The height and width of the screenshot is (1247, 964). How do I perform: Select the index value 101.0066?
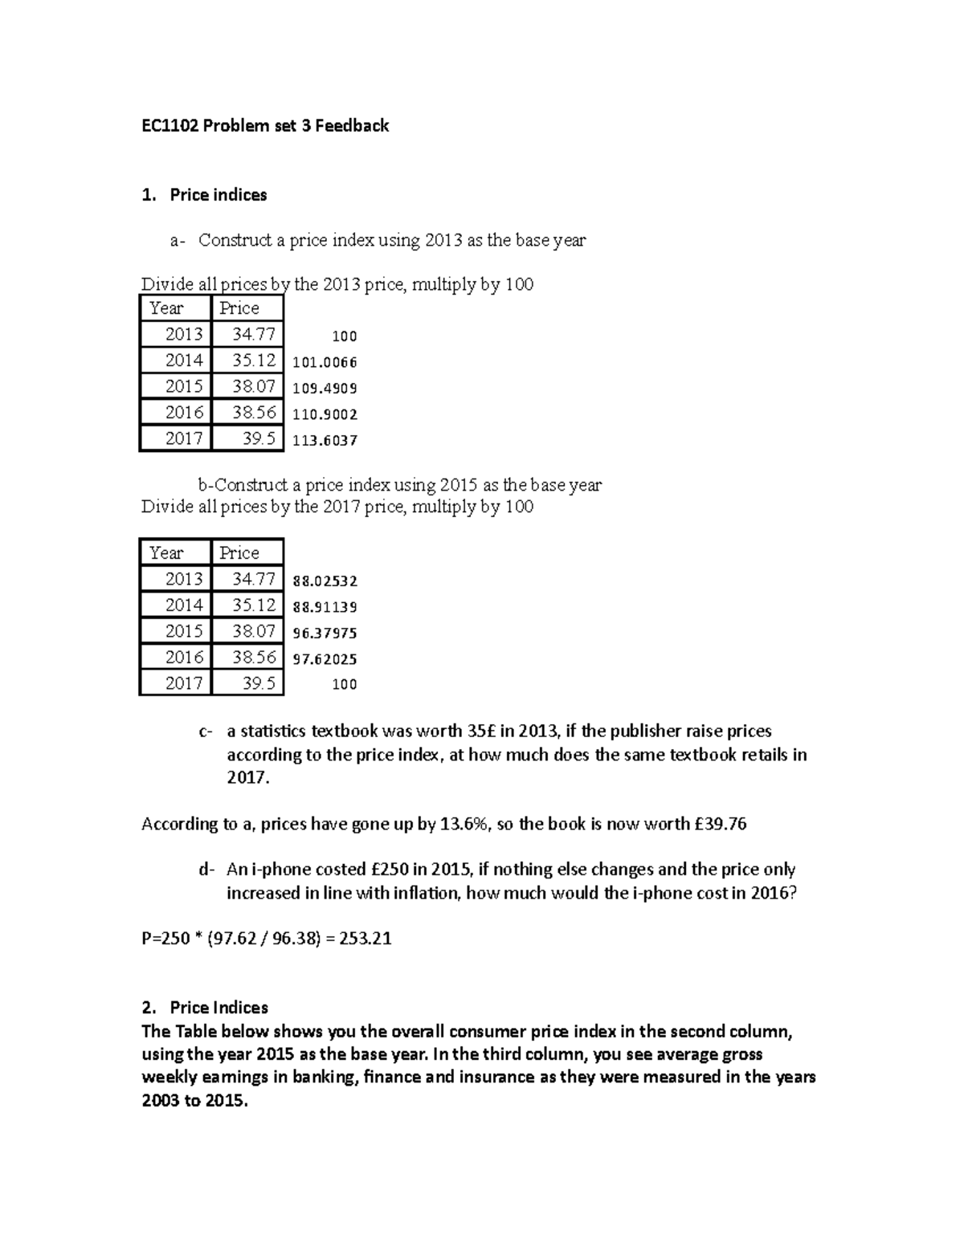tap(325, 362)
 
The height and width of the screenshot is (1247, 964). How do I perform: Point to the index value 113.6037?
tap(325, 440)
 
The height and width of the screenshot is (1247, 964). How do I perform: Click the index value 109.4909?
tap(325, 389)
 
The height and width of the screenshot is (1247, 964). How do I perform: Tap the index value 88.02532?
tap(325, 581)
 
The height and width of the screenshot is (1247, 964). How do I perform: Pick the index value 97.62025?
tap(325, 659)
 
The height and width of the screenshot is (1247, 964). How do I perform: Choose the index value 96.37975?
tap(325, 633)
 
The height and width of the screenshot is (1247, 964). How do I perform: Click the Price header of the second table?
tap(239, 552)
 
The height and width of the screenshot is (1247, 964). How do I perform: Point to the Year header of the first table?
tap(166, 308)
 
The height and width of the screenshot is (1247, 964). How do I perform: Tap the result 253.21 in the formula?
tap(366, 939)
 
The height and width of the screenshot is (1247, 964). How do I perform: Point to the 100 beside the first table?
tap(345, 336)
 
